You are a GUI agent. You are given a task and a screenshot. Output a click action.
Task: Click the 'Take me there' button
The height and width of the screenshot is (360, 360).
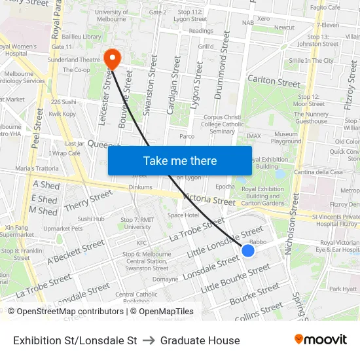click(180, 160)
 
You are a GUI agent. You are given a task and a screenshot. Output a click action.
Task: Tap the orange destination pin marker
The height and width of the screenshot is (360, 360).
click(113, 59)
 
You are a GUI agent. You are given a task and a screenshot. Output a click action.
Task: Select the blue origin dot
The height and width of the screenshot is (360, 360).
click(248, 250)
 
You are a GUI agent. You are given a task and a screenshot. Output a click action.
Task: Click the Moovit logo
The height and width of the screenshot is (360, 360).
click(320, 340)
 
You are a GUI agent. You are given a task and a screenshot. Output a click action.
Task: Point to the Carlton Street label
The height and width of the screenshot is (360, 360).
click(274, 82)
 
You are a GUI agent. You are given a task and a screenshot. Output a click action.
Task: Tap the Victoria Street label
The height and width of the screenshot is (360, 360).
click(209, 199)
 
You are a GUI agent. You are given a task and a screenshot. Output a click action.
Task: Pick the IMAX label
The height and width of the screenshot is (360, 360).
click(253, 136)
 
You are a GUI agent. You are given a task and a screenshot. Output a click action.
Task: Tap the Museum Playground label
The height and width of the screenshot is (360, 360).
click(286, 137)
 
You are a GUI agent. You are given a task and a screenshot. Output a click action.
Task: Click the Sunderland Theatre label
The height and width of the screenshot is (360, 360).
click(73, 60)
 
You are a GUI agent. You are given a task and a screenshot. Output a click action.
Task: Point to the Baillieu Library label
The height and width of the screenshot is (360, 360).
click(82, 37)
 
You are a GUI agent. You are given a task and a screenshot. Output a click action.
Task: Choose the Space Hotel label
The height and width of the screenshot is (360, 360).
click(183, 215)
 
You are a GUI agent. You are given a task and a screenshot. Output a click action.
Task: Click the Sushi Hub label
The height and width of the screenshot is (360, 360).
click(91, 219)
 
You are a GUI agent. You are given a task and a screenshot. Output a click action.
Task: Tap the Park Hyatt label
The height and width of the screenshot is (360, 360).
click(342, 289)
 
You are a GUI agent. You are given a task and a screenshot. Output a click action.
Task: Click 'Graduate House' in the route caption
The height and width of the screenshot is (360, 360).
click(200, 340)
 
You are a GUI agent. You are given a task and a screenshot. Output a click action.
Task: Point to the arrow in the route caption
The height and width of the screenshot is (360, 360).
click(149, 340)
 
